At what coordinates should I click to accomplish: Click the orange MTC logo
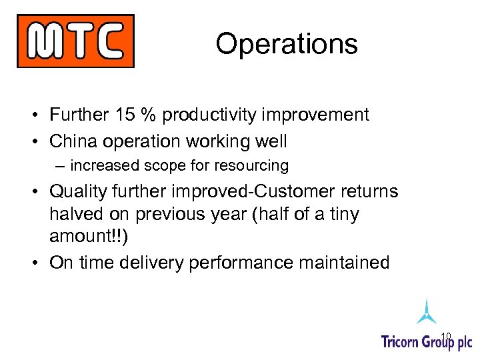pos(75,41)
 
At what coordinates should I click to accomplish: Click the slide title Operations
pos(287,44)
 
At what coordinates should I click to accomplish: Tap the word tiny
pos(341,215)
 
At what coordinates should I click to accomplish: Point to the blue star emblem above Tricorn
pos(427,311)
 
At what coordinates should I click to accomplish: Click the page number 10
pos(446,335)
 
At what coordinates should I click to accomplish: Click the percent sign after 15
pos(147,115)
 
